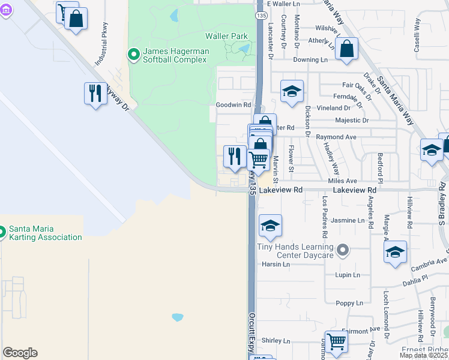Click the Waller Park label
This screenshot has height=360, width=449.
[226, 36]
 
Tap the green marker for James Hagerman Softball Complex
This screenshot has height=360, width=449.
[134, 55]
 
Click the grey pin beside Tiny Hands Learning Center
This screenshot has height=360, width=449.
[343, 249]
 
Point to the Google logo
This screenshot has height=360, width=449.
[20, 353]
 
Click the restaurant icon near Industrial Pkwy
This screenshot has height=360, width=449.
[95, 94]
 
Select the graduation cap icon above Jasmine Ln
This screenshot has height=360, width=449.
[270, 226]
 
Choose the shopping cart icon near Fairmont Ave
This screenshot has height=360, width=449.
[336, 342]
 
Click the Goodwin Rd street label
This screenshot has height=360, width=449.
[234, 104]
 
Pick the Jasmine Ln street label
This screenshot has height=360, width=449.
[348, 221]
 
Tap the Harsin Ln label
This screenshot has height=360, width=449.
[276, 264]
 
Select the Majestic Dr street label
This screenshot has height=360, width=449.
[352, 121]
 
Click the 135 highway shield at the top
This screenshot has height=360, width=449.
[260, 14]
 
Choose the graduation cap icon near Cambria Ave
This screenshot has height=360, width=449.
[395, 253]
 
